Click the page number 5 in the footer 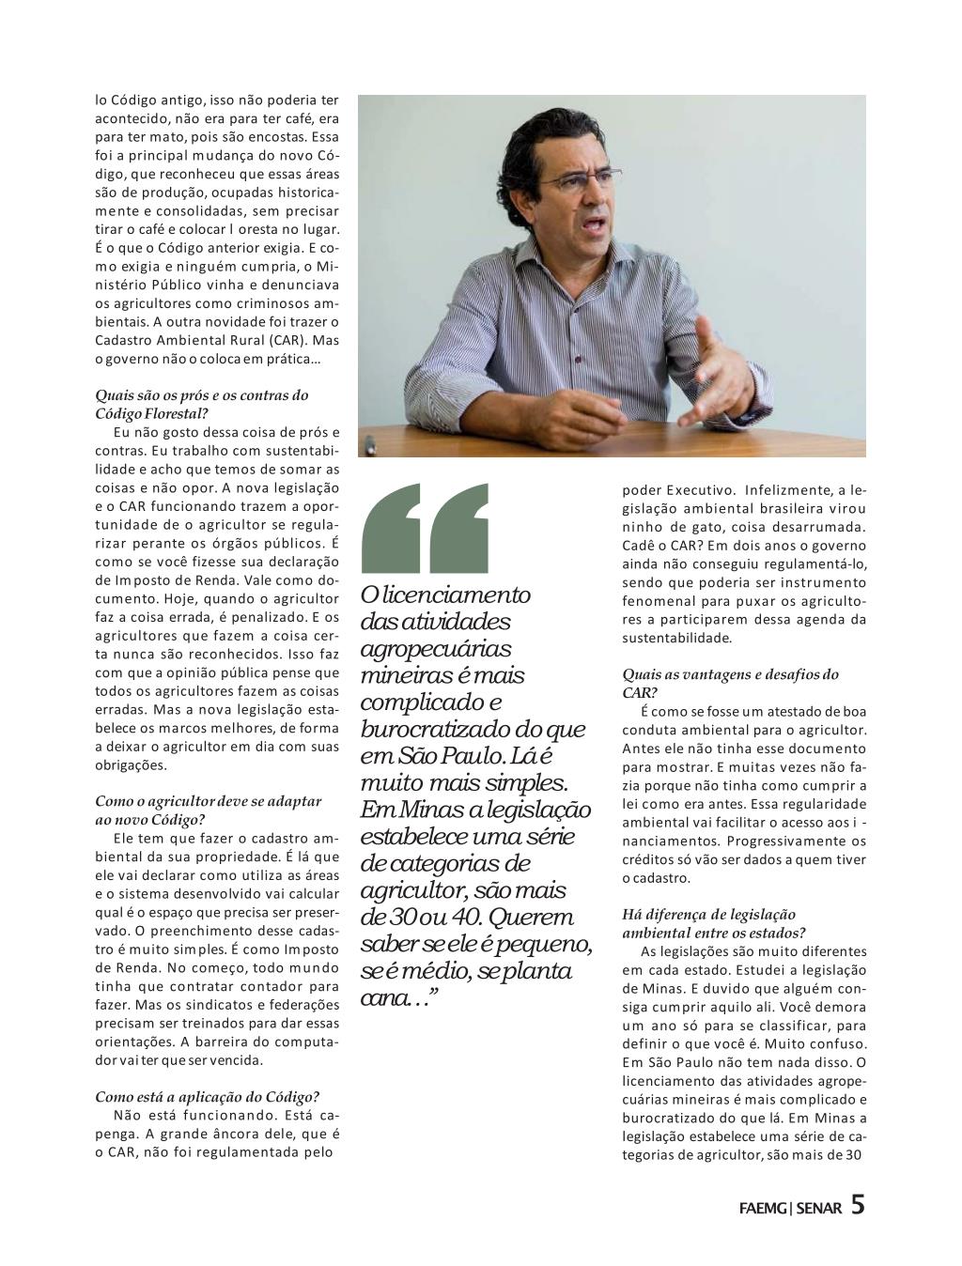tap(857, 1204)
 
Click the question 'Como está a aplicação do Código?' tap(208, 1096)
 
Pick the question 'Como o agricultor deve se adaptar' tap(209, 801)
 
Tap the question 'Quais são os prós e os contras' tap(202, 394)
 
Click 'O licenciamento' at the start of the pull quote tap(446, 595)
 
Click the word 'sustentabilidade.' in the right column tap(676, 638)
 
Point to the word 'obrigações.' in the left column tap(132, 764)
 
